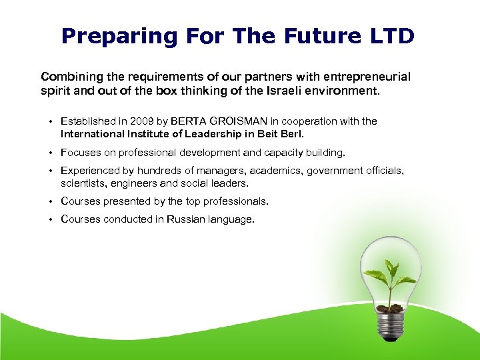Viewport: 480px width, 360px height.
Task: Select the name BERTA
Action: tap(189, 121)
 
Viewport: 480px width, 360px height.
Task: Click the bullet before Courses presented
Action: tap(51, 201)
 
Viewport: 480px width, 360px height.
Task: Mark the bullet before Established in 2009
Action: tap(51, 121)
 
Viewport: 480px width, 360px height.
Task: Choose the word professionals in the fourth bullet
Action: tap(233, 201)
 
